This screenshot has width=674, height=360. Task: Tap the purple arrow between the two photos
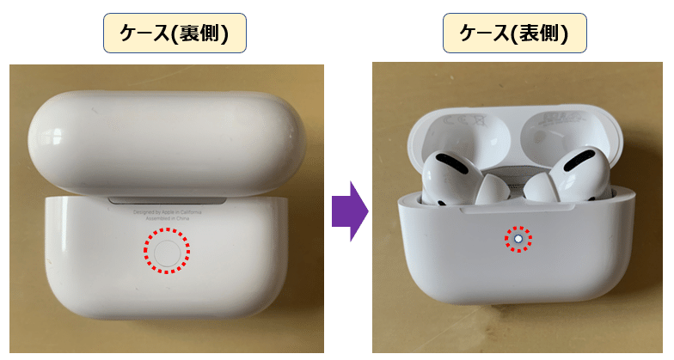(349, 211)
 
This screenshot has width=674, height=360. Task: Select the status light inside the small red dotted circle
(518, 237)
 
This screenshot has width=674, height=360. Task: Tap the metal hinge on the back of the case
(168, 200)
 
